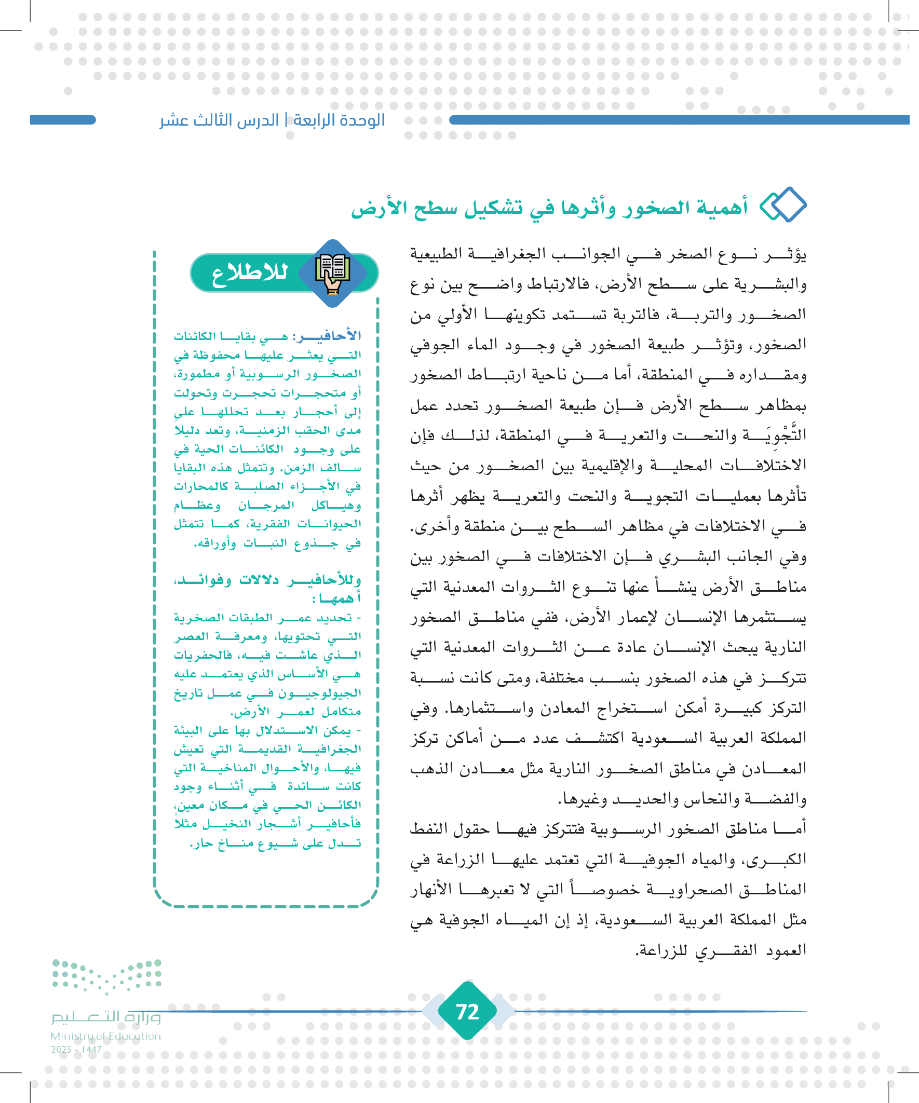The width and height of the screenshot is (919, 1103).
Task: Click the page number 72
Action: (467, 1012)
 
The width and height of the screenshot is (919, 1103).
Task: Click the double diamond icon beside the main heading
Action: (783, 205)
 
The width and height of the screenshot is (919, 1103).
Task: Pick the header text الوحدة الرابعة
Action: (339, 120)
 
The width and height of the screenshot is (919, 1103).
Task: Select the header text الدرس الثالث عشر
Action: (219, 120)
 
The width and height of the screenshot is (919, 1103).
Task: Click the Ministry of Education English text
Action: (105, 1036)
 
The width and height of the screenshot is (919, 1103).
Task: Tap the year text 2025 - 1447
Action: (76, 1050)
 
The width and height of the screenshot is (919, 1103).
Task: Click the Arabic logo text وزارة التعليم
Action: (105, 1017)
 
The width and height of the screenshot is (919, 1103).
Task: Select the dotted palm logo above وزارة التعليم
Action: (106, 976)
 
